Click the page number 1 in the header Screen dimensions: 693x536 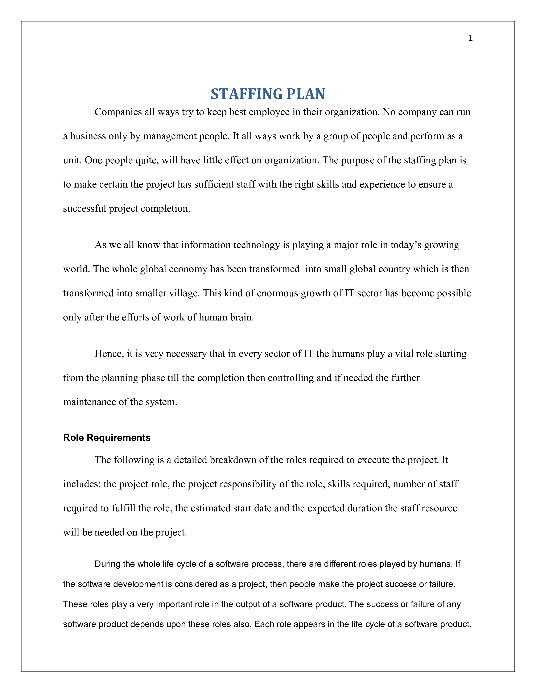pyautogui.click(x=470, y=38)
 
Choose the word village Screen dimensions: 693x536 pyautogui.click(x=184, y=293)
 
